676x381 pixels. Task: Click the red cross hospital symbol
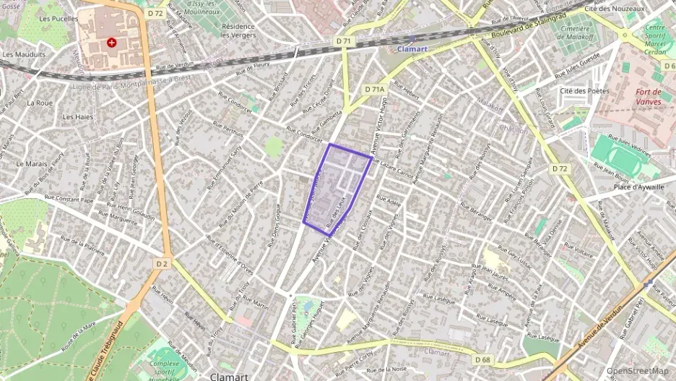pyautogui.click(x=111, y=43)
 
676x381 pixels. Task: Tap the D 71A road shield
pyautogui.click(x=374, y=89)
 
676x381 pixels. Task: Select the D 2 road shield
pyautogui.click(x=161, y=264)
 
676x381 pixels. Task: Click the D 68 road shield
pyautogui.click(x=483, y=359)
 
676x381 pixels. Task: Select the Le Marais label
pyautogui.click(x=31, y=164)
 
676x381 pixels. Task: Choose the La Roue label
pyautogui.click(x=40, y=103)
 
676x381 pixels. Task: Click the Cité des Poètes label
pyautogui.click(x=585, y=91)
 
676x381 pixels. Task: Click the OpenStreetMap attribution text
pyautogui.click(x=637, y=371)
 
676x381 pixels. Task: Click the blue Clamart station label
pyautogui.click(x=412, y=49)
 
